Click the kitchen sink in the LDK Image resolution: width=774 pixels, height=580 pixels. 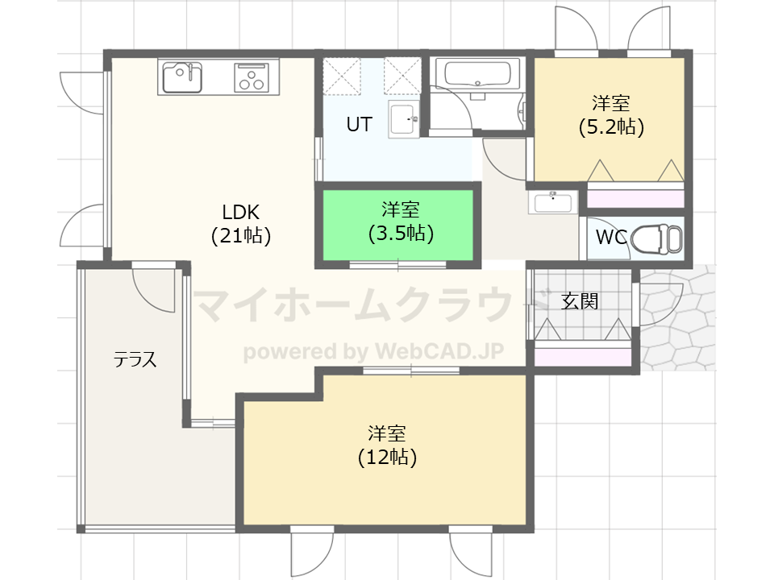tap(182, 77)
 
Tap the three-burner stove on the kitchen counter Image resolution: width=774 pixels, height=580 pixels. tap(252, 77)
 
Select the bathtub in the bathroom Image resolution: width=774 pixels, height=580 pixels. tap(477, 73)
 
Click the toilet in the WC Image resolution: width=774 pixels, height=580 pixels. tap(656, 238)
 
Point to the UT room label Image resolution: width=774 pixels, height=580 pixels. tap(359, 124)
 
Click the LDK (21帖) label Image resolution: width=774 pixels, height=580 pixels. tap(241, 224)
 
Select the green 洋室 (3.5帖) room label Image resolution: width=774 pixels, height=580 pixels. tap(401, 222)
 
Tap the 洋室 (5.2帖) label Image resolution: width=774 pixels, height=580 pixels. tap(612, 115)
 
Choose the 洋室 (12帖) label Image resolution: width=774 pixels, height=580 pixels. tap(388, 445)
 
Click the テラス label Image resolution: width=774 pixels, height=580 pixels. tap(135, 359)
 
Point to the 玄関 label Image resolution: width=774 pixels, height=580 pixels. tap(580, 300)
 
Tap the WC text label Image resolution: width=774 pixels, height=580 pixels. tap(611, 237)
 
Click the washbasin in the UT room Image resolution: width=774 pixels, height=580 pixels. tap(403, 119)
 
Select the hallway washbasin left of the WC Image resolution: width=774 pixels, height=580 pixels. tap(553, 202)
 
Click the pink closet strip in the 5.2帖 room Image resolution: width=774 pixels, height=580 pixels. tap(635, 199)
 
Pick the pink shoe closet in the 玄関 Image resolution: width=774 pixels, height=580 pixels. tap(583, 357)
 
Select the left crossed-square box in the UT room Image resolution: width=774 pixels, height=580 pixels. tap(342, 76)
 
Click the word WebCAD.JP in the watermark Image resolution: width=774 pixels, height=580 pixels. tap(439, 351)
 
